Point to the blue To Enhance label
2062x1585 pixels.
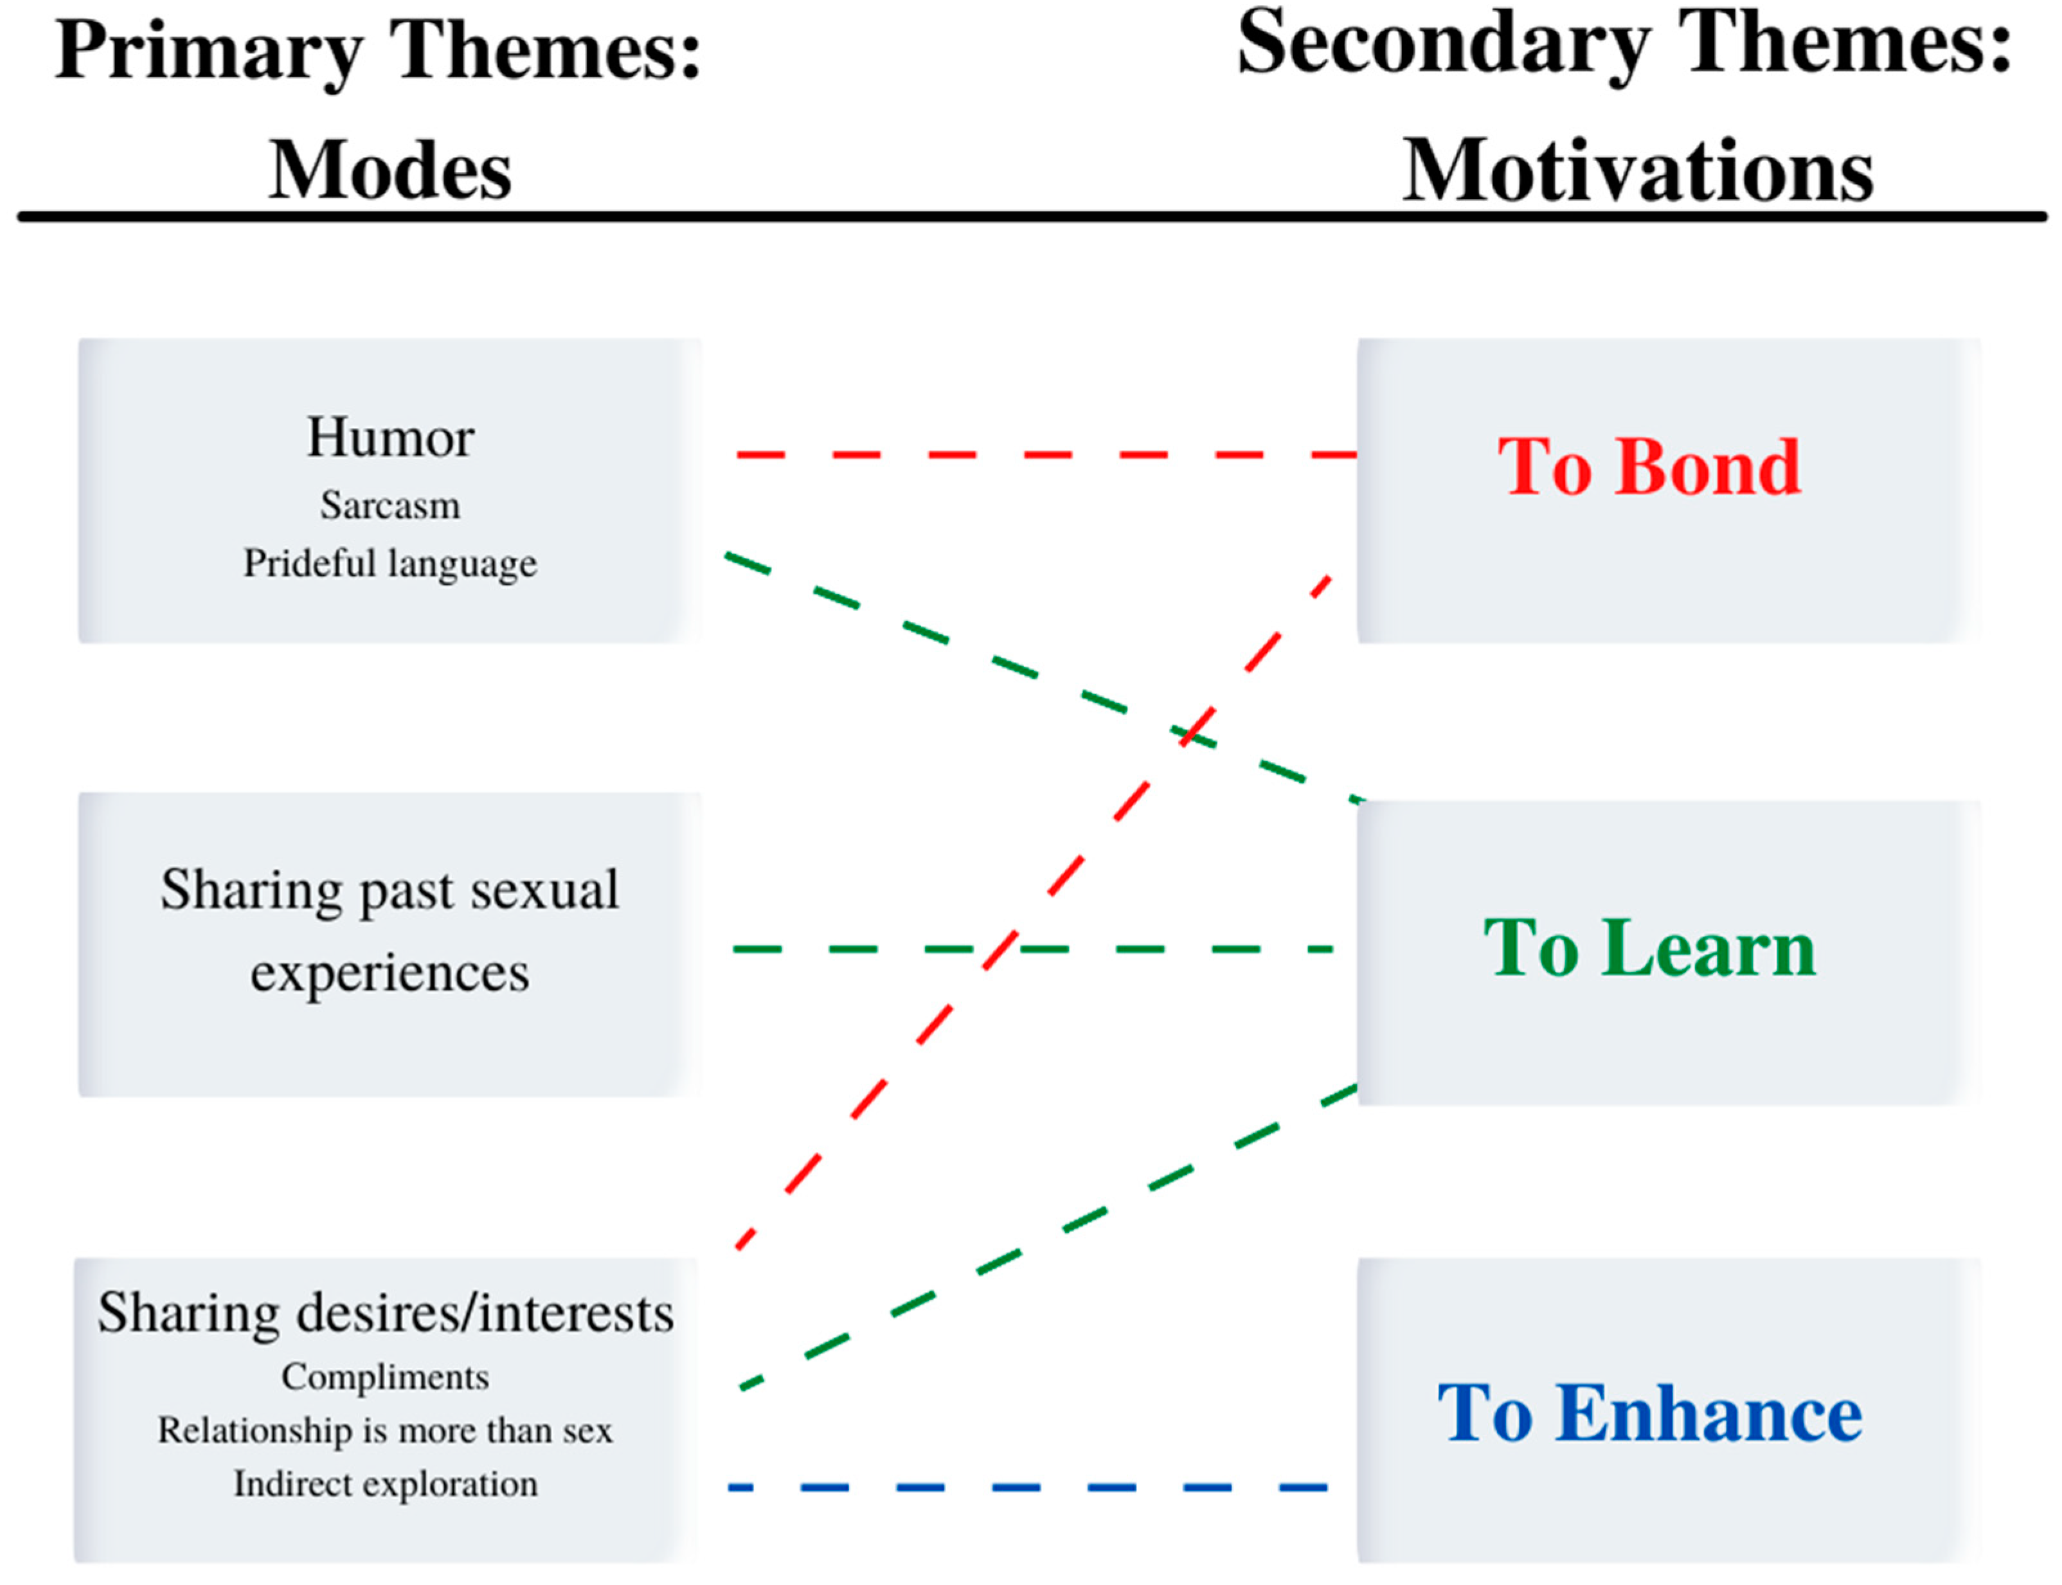1648,1413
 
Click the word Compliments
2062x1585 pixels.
385,1377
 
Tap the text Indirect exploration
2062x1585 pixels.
385,1484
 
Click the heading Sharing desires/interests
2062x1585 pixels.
385,1313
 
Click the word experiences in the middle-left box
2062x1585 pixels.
390,972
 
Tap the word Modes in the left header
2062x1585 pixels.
390,171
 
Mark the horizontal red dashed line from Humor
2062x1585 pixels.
1047,455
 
